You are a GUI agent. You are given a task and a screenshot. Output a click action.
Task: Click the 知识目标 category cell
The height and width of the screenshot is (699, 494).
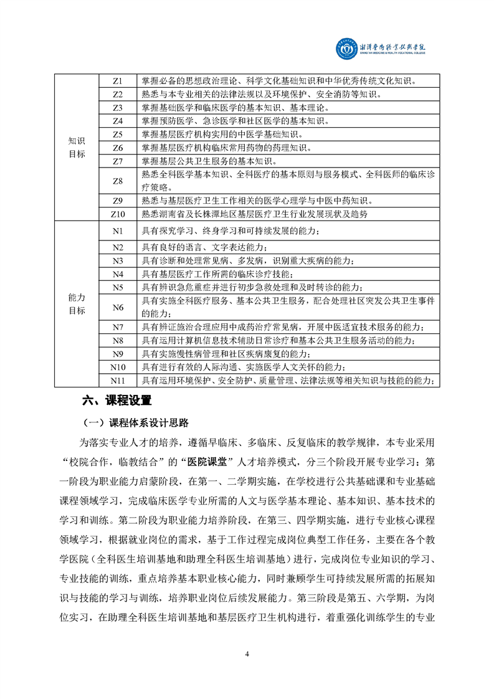pos(77,147)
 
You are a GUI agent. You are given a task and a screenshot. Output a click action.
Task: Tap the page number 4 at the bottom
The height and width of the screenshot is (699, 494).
pos(247,654)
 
